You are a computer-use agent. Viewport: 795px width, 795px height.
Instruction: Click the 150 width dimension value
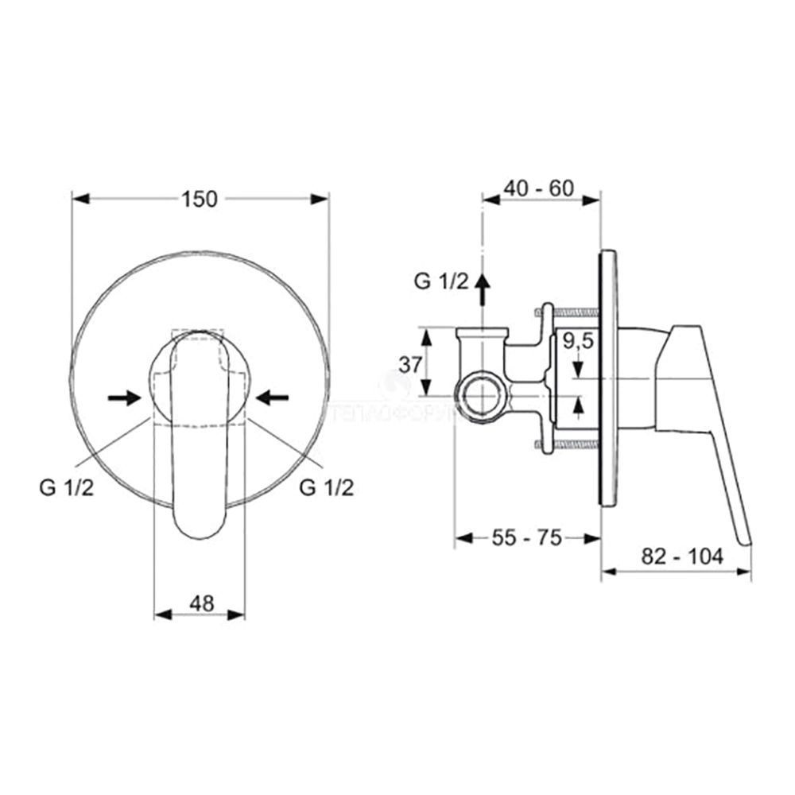tap(200, 199)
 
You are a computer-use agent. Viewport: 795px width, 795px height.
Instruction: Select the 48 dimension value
tap(202, 603)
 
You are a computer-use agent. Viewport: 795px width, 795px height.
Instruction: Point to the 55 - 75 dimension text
tap(525, 538)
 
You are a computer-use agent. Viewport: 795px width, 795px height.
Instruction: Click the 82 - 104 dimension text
tap(684, 557)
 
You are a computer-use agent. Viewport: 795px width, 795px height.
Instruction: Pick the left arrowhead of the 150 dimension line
tap(78, 199)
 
